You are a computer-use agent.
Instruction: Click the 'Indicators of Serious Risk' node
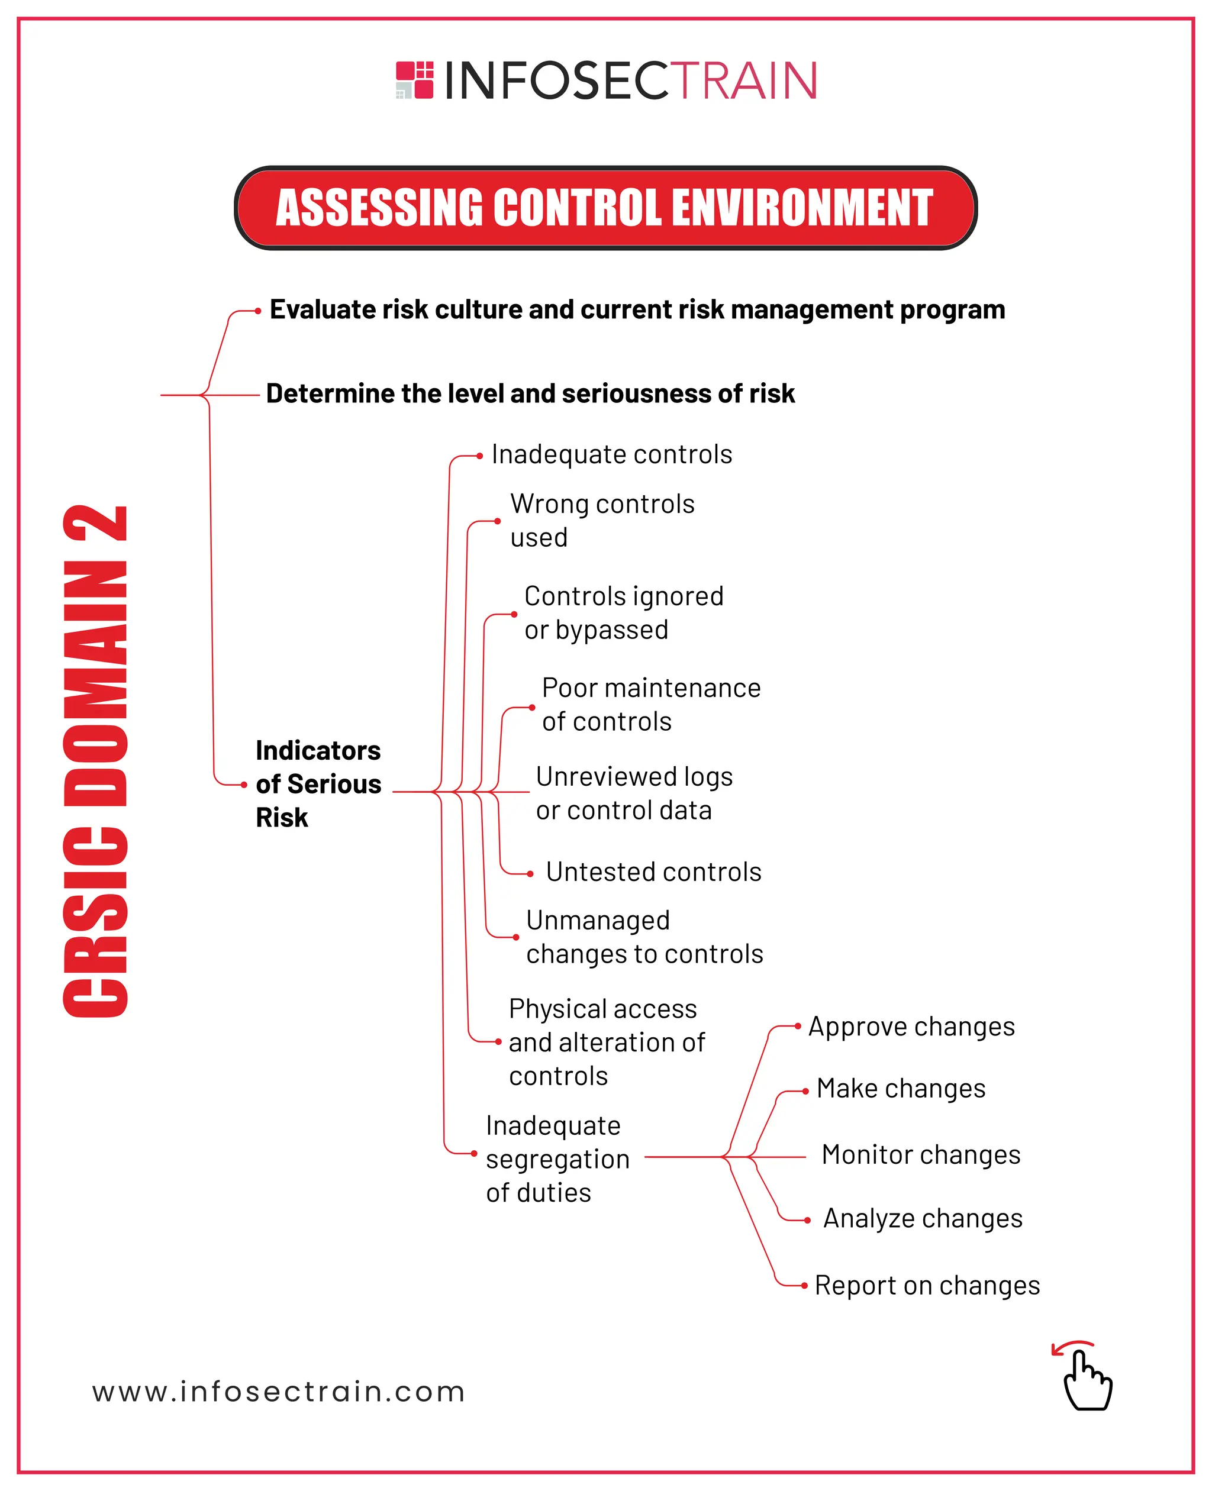click(x=318, y=783)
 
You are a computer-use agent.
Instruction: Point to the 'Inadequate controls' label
click(x=611, y=454)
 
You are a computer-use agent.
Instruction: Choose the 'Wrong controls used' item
click(x=602, y=521)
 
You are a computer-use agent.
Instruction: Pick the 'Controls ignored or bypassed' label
click(x=623, y=613)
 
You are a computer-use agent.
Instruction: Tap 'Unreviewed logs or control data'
click(x=634, y=793)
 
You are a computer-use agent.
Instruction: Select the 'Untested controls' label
click(x=653, y=872)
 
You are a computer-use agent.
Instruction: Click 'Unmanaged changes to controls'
click(x=644, y=937)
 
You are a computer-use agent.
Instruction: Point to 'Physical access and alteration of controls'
click(x=606, y=1041)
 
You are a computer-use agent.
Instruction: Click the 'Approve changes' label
click(x=911, y=1027)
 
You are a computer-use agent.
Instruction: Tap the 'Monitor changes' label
click(x=920, y=1154)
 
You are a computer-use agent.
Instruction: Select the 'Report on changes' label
click(x=926, y=1285)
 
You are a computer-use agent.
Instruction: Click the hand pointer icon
click(x=1085, y=1379)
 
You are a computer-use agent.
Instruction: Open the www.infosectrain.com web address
click(x=279, y=1392)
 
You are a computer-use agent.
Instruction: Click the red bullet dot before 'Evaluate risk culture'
click(x=257, y=311)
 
